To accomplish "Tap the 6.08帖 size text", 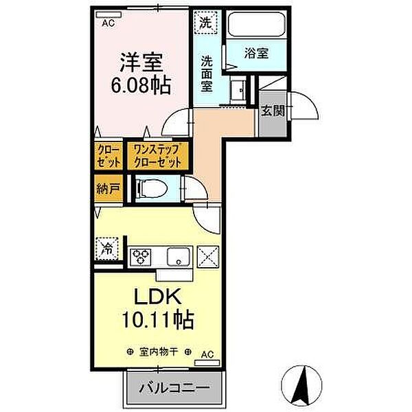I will click(x=141, y=87).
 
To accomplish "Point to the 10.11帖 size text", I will click(x=157, y=319).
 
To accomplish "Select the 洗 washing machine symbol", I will click(x=205, y=21).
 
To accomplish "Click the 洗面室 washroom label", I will click(x=207, y=73).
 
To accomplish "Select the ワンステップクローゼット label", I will click(x=157, y=156).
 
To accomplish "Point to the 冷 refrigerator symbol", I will click(x=107, y=247).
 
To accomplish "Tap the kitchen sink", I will click(x=180, y=257).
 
